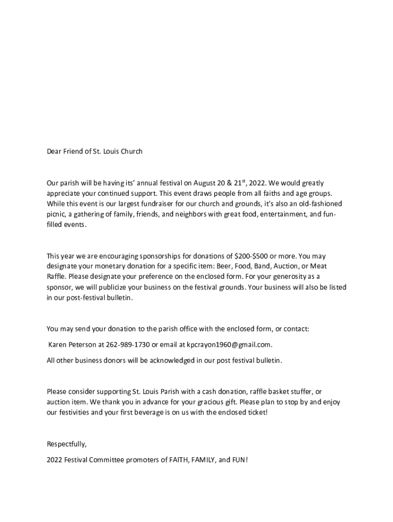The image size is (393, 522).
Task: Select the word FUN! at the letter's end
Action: (x=240, y=460)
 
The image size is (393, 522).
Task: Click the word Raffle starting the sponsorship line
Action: (x=56, y=277)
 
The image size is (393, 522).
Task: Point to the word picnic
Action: (x=56, y=215)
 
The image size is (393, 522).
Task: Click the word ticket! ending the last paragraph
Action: (x=256, y=412)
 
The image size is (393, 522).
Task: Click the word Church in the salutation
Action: (x=131, y=151)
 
